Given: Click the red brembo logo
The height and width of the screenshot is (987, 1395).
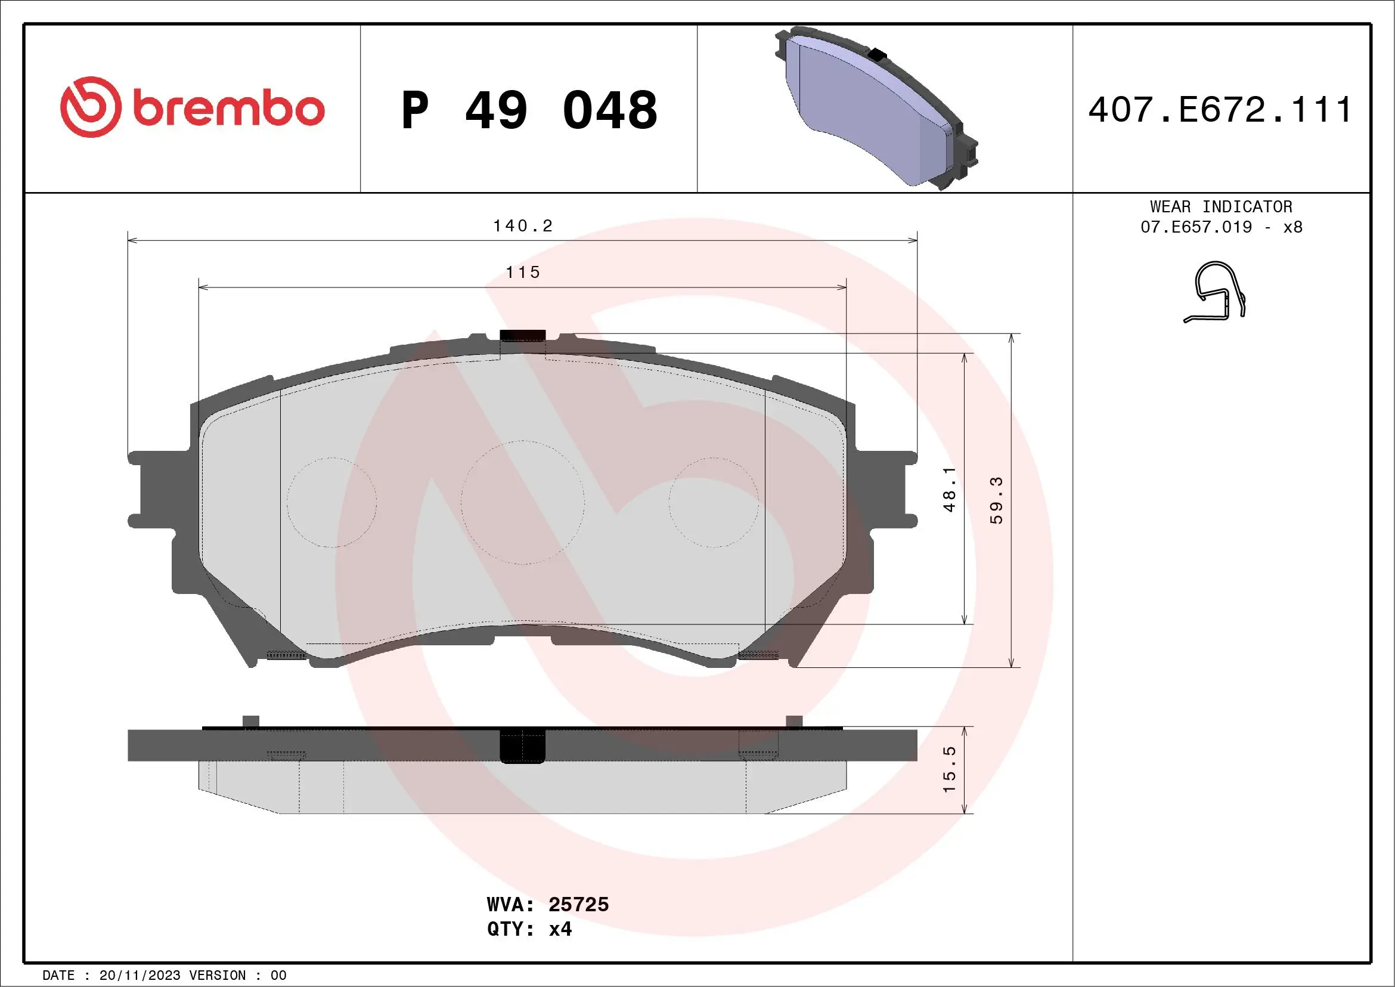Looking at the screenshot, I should [192, 107].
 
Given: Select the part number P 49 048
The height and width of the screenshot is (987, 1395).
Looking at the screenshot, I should [529, 110].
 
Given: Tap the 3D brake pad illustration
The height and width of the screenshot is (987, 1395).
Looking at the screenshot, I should [875, 108].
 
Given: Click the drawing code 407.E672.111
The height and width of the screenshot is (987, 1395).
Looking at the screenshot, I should [1220, 110].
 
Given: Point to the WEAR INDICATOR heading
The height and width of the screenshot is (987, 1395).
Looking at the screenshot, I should [1221, 206].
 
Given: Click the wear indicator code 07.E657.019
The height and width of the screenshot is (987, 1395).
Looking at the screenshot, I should [1196, 227].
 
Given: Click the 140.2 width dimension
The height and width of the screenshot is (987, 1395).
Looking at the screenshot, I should [522, 226].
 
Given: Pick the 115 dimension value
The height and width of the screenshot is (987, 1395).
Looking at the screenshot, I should [522, 273].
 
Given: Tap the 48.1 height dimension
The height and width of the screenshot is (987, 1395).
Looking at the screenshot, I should [948, 489].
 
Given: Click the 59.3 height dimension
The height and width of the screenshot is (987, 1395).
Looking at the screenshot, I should [996, 500].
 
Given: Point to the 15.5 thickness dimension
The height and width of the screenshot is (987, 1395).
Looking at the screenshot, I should [948, 769].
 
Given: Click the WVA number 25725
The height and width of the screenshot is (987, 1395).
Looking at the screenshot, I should [578, 904].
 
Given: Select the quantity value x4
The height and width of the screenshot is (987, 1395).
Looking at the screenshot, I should [560, 929].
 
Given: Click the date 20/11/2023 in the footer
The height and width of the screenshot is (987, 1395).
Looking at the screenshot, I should [139, 976].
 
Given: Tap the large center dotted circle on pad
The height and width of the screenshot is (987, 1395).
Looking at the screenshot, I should [522, 503].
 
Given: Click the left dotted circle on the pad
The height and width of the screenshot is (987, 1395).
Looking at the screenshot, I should [331, 503].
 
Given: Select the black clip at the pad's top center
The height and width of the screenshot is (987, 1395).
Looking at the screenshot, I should [522, 335].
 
